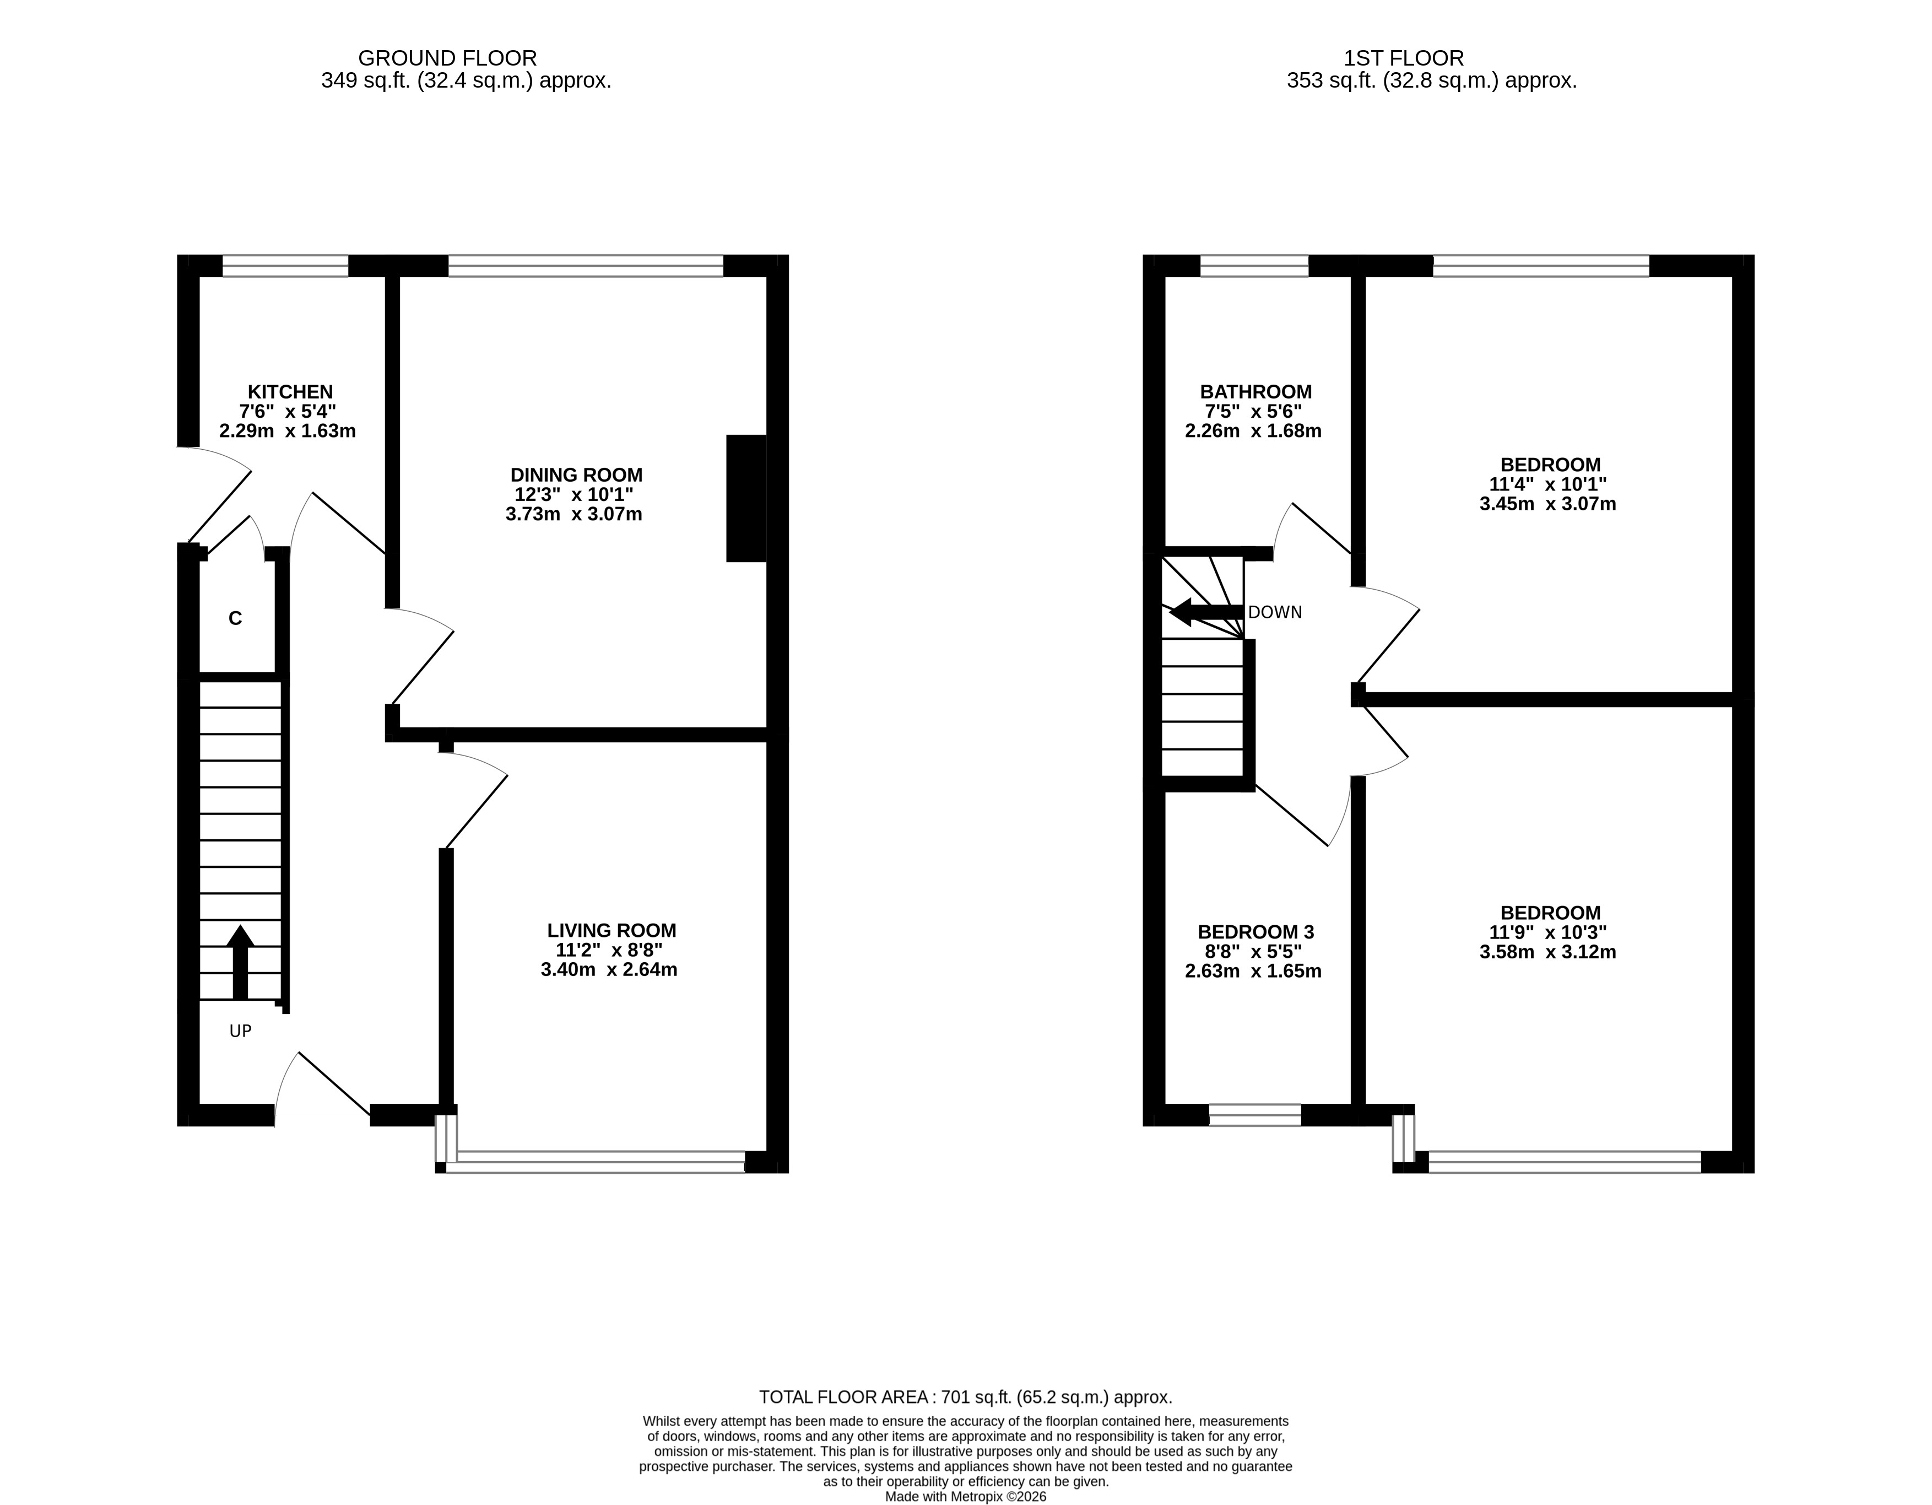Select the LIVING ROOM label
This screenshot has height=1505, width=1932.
[611, 931]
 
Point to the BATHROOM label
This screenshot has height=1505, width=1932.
[1255, 392]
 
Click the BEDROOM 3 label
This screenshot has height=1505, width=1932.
[1255, 932]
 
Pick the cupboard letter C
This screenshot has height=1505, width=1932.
[235, 618]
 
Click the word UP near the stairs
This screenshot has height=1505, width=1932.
[241, 1031]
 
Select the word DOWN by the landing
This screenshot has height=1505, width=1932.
[1275, 612]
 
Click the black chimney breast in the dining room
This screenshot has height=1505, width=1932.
[746, 498]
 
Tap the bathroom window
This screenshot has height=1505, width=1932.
[1253, 266]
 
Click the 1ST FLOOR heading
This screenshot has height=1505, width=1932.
[1403, 58]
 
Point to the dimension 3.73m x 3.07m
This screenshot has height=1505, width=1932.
[574, 514]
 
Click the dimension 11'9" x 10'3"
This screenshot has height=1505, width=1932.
[1548, 932]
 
